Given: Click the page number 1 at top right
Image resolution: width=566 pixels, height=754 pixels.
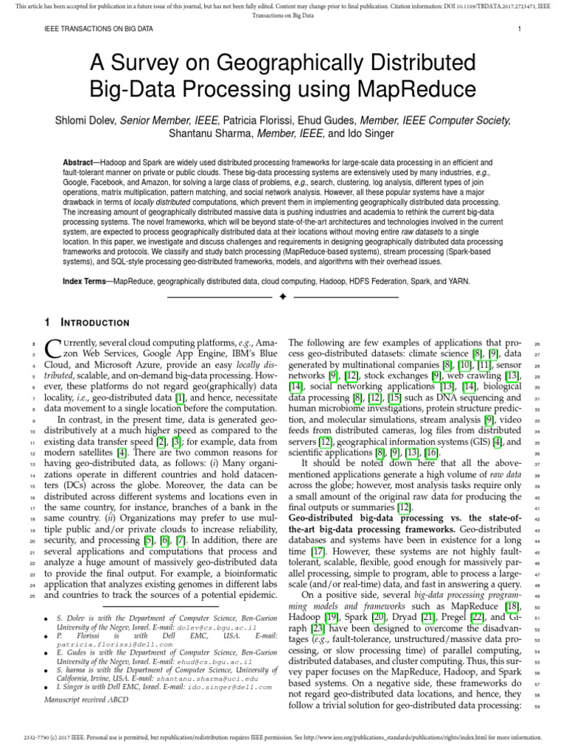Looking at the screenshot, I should (520, 29).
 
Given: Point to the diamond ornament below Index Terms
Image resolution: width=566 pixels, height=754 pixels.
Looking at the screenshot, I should (283, 297).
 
